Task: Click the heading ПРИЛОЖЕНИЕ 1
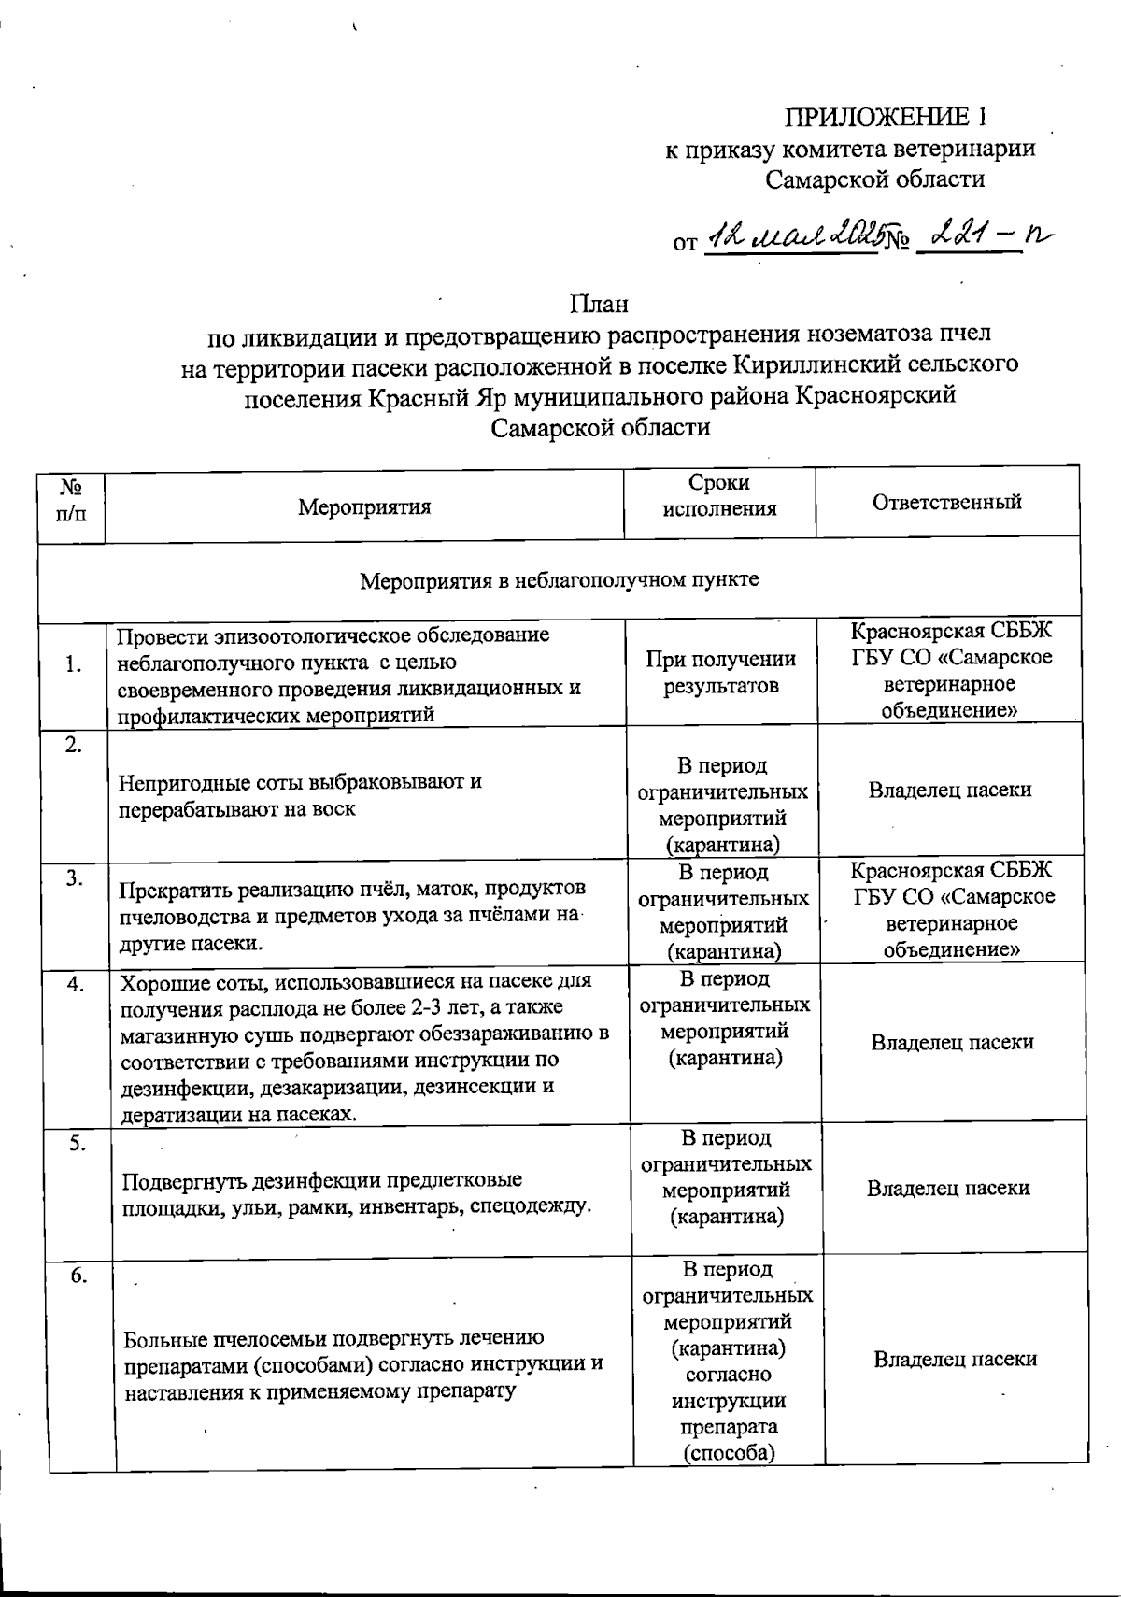885,117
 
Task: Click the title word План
599,304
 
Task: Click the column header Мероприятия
364,506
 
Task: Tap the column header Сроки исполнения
719,495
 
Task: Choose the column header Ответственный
946,502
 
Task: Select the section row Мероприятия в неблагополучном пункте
560,579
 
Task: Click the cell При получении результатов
720,672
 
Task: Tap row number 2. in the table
74,745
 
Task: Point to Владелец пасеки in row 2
949,790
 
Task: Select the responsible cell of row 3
951,909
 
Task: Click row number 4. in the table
76,983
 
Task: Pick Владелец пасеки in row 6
955,1359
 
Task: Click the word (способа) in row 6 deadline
729,1453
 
